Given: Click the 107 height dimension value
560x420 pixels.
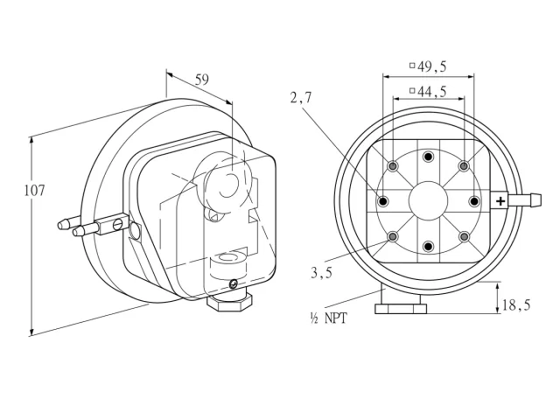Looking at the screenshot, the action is pos(35,191).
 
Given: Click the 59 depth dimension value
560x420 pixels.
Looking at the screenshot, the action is pos(202,80).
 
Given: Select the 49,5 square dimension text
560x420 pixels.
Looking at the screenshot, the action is pos(428,66).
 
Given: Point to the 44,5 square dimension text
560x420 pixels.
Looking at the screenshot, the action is pos(428,91).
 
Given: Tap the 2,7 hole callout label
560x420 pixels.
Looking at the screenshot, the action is pos(301,97).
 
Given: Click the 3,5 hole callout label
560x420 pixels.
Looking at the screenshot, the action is pos(321,273).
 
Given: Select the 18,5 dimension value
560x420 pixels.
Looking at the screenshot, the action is pos(516,305).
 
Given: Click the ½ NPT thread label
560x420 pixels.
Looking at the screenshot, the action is pos(329,318).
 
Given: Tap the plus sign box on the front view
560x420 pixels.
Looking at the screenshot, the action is pos(500,201).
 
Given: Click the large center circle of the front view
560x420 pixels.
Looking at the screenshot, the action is pos(428,201).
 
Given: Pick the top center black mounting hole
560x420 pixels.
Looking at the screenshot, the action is pos(428,157).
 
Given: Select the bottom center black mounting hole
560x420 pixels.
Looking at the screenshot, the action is pos(428,246).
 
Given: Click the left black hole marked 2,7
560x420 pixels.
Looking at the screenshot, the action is pos(383,201).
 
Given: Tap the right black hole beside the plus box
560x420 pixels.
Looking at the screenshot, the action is pos(474,201).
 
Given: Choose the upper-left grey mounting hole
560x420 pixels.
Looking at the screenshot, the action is pos(393,166).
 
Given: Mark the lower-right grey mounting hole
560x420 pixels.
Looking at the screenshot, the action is pos(464,236).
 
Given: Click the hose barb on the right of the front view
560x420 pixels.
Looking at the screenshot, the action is pos(525,200).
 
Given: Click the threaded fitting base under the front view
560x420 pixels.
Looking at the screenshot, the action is pos(401,309).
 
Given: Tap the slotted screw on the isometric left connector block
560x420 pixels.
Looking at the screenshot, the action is pos(118,225).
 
